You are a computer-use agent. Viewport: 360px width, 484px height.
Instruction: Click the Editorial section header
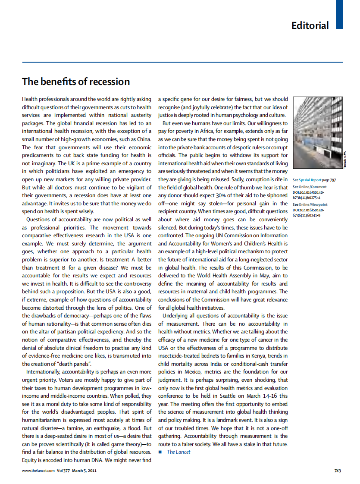click(310, 25)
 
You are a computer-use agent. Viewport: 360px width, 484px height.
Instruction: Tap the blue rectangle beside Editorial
click(339, 14)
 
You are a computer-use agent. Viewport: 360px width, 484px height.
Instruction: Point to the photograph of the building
click(319, 132)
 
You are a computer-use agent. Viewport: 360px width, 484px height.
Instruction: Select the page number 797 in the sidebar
click(332, 179)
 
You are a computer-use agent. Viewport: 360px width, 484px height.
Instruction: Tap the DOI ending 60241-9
click(307, 215)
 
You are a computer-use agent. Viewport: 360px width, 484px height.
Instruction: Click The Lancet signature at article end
click(178, 452)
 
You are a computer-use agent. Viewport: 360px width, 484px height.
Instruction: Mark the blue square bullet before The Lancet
click(160, 452)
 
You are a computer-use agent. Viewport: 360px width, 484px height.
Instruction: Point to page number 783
click(338, 471)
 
